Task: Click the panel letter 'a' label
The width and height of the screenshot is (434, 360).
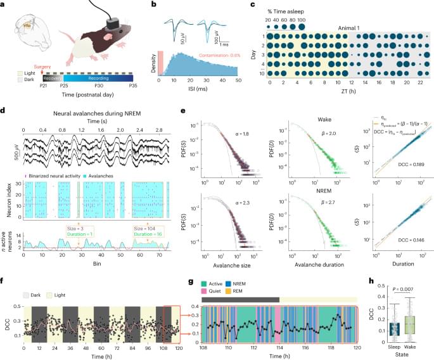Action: [6, 5]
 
